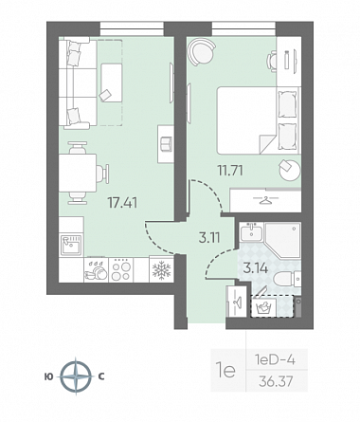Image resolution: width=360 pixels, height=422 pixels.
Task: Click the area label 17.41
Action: (122, 203)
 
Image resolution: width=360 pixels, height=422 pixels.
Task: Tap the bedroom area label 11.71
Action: (230, 171)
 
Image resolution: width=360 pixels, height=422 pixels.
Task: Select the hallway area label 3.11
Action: (209, 237)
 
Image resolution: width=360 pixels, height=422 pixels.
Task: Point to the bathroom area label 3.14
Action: (256, 268)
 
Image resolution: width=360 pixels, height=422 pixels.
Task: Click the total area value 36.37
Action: (276, 381)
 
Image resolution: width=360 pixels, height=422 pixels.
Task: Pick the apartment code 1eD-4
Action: (275, 359)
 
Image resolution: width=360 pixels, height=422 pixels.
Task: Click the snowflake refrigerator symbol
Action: (161, 270)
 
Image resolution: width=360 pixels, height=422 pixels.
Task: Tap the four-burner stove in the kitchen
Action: (121, 269)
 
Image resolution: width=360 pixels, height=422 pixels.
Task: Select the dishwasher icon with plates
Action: (96, 270)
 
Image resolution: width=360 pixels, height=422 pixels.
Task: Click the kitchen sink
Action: (71, 245)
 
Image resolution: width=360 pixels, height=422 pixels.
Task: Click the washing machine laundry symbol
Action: (263, 307)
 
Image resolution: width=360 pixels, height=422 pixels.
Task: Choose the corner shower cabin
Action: (282, 240)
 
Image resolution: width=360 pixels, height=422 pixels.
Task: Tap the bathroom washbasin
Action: (251, 231)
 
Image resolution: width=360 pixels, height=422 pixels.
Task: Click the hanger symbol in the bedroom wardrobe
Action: (266, 200)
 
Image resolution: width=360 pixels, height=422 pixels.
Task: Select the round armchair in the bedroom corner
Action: (201, 51)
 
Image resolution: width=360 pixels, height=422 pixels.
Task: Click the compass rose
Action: (76, 376)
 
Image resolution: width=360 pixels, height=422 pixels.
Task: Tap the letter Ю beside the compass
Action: (49, 376)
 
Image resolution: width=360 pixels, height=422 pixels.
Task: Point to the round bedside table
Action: (290, 170)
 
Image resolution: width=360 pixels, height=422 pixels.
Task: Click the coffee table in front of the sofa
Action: (112, 83)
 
